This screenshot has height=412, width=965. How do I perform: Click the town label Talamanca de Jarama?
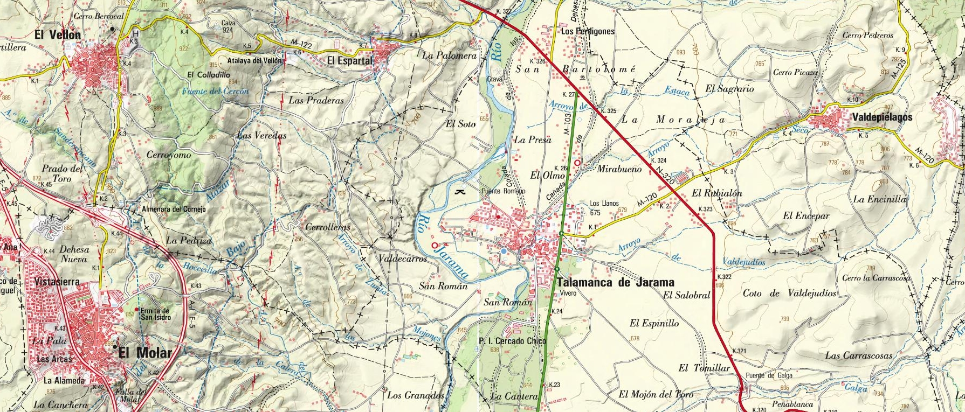click(615, 282)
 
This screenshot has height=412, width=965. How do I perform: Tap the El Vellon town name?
click(57, 35)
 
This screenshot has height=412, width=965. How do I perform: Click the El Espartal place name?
click(350, 61)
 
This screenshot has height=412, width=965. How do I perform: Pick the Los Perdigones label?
click(588, 31)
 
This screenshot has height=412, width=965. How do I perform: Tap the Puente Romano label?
click(503, 191)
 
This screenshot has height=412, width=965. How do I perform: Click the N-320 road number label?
click(665, 176)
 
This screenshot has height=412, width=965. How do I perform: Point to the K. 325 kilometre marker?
click(608, 111)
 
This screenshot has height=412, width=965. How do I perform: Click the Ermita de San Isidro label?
click(156, 314)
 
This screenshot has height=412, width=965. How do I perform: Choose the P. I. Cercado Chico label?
click(512, 341)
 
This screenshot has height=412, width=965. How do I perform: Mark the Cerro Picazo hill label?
click(795, 72)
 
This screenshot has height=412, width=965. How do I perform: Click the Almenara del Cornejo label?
click(174, 210)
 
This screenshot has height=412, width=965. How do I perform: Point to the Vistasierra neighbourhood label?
click(57, 282)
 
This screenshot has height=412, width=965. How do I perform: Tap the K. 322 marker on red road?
click(724, 277)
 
